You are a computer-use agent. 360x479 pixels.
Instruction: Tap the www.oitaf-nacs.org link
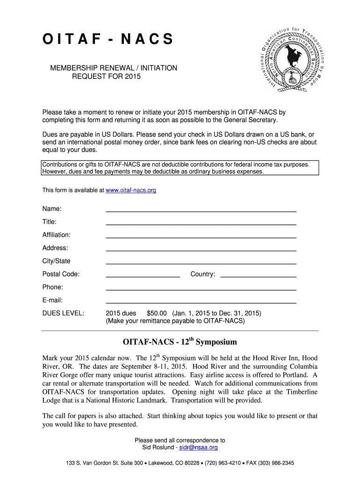pyautogui.click(x=131, y=190)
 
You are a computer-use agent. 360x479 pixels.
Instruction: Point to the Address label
pyautogui.click(x=55, y=248)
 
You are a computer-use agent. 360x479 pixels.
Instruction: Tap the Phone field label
pyautogui.click(x=52, y=287)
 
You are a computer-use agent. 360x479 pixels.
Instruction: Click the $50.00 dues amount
pyautogui.click(x=157, y=313)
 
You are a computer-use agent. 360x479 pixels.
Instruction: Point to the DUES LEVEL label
pyautogui.click(x=63, y=313)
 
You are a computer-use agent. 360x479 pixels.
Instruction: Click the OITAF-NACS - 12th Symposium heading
pyautogui.click(x=180, y=342)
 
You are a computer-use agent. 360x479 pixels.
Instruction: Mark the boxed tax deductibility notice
pyautogui.click(x=180, y=168)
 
